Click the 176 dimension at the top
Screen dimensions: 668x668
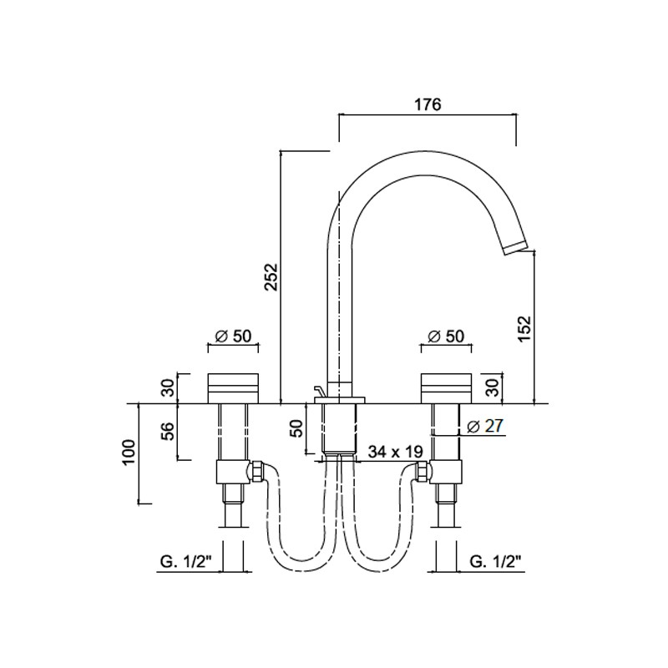428,104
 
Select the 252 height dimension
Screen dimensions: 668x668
271,277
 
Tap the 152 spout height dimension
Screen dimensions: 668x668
525,328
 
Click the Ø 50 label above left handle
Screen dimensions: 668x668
233,337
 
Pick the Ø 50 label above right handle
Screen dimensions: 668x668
446,337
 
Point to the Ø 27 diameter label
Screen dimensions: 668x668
485,426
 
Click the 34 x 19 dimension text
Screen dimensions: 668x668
395,452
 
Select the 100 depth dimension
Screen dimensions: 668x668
130,453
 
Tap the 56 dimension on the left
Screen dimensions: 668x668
170,431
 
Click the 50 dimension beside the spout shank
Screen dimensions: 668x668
297,428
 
